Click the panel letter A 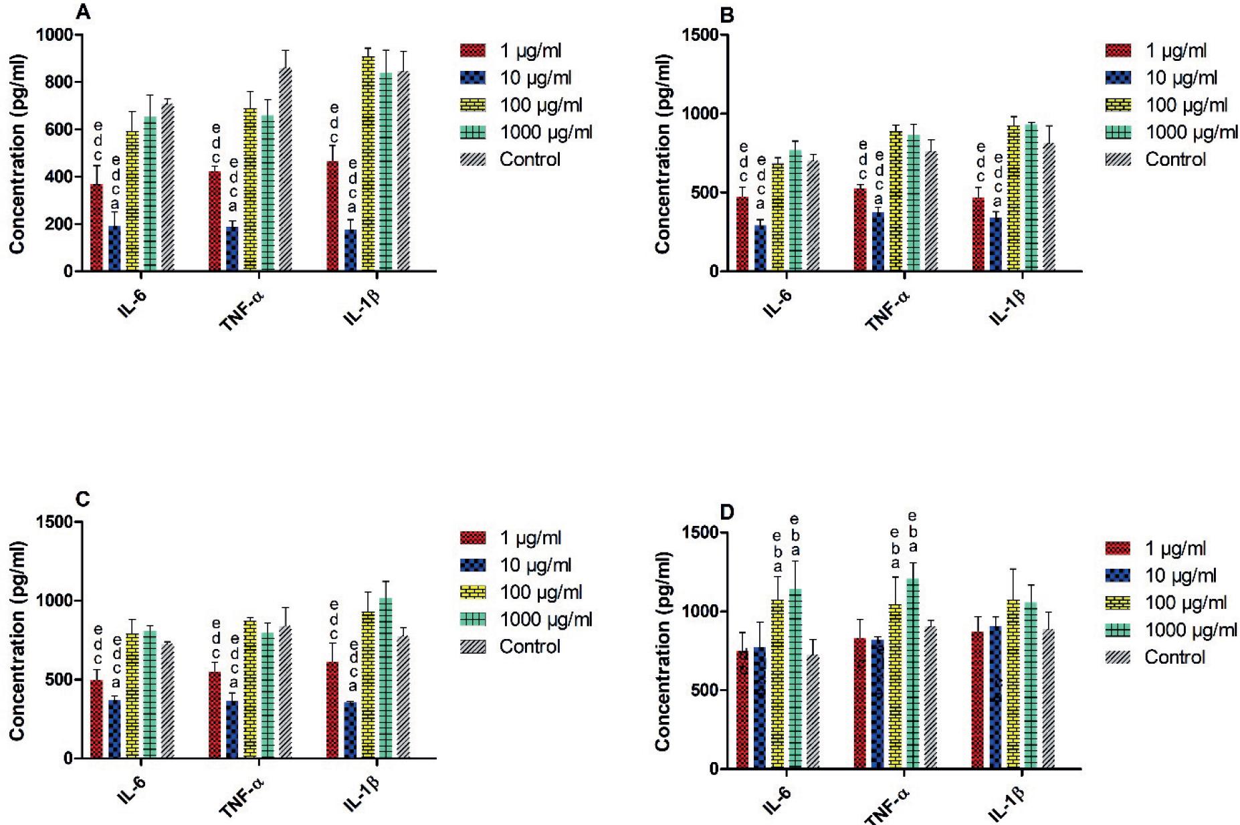point(82,11)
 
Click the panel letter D point(727,512)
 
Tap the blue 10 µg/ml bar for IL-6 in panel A point(115,248)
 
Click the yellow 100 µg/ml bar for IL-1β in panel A point(369,164)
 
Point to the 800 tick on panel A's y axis point(59,82)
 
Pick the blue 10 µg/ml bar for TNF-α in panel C point(233,729)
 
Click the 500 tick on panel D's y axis point(703,690)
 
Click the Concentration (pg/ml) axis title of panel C point(17,640)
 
